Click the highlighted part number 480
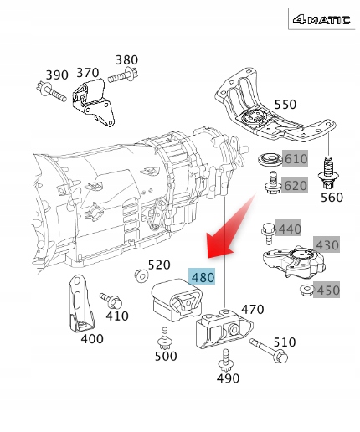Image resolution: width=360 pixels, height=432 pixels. (x=203, y=276)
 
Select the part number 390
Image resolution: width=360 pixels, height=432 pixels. (x=57, y=75)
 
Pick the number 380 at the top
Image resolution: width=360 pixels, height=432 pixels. (x=126, y=59)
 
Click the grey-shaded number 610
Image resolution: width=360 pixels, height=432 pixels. (x=296, y=159)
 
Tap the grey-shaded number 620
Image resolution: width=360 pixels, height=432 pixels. (x=296, y=186)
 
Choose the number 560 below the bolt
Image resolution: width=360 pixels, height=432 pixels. (x=332, y=198)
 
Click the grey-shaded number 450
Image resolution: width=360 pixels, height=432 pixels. (x=328, y=291)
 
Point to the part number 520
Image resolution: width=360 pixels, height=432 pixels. (x=159, y=265)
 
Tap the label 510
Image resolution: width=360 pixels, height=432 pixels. (x=285, y=342)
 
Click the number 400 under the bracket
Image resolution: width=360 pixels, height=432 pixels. (x=92, y=339)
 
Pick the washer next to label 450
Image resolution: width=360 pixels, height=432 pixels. (x=305, y=289)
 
